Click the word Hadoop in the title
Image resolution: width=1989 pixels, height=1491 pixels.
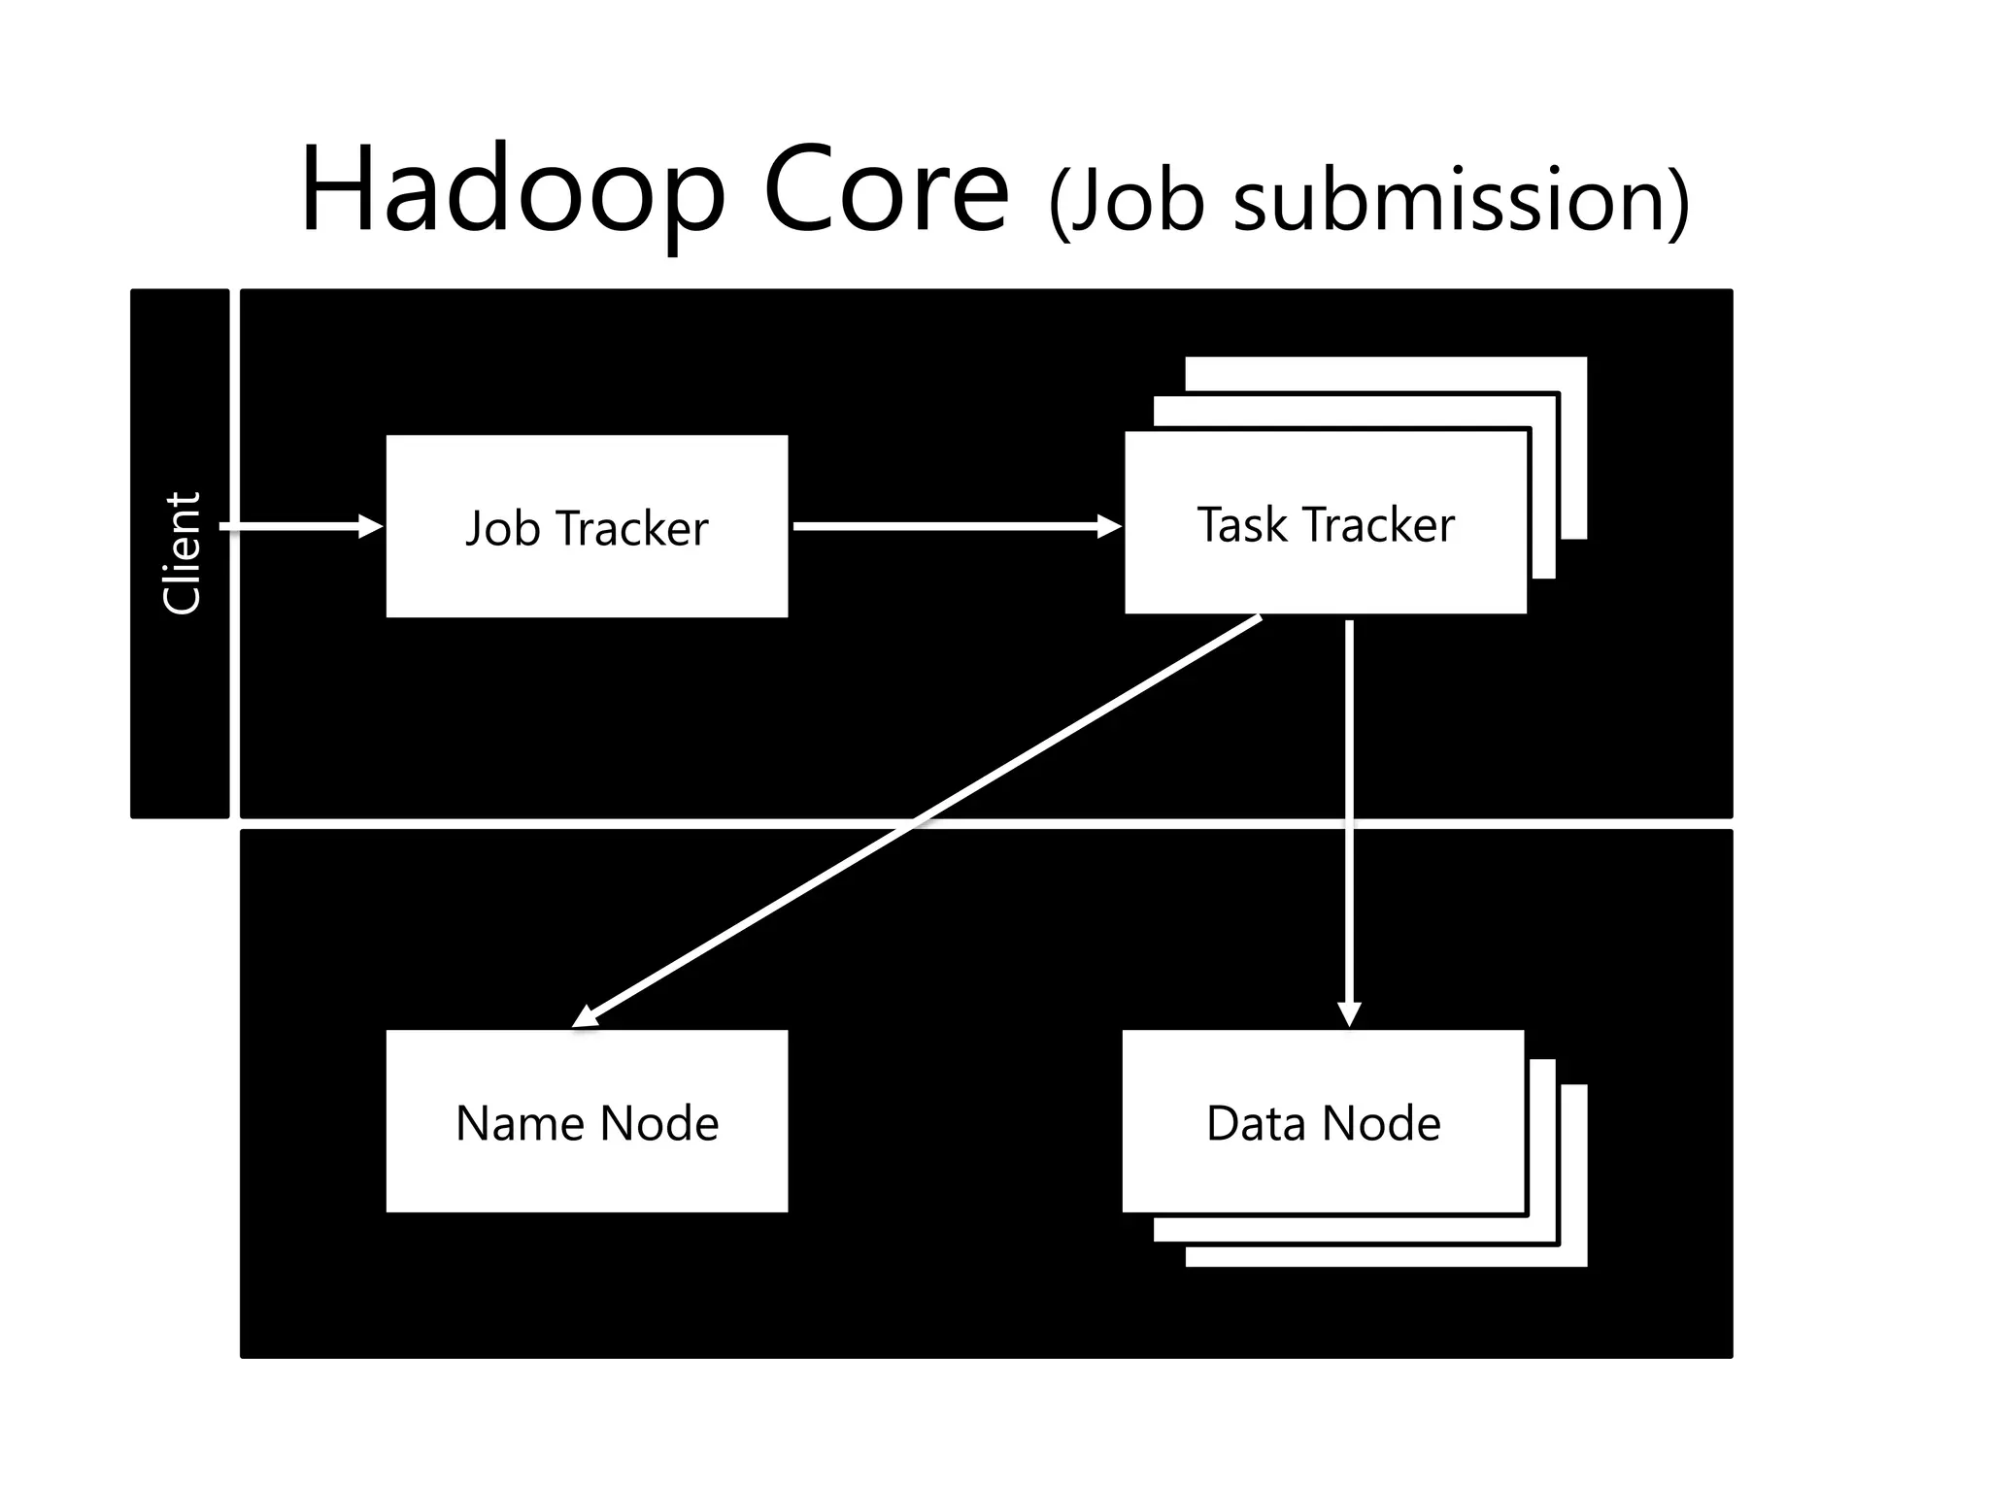(x=512, y=190)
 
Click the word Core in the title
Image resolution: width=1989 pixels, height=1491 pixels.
(x=886, y=190)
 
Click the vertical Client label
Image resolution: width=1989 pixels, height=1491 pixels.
(x=182, y=552)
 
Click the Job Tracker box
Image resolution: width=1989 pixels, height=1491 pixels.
(x=587, y=582)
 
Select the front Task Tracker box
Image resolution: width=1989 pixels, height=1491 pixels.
(x=1325, y=573)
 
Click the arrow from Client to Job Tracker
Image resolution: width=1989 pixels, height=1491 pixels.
(x=291, y=526)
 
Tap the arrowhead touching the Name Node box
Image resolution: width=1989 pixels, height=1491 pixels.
(x=586, y=1016)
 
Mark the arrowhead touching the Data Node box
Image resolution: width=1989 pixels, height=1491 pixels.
(x=1349, y=1014)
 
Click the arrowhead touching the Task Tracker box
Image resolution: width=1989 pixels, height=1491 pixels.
(x=1109, y=526)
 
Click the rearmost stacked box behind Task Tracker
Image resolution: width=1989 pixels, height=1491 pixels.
(x=1573, y=447)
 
